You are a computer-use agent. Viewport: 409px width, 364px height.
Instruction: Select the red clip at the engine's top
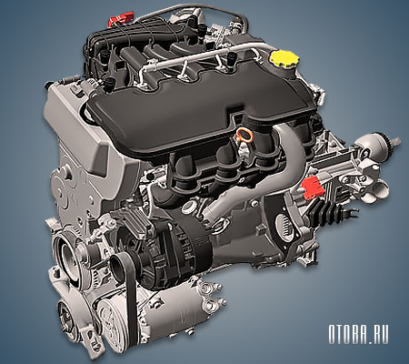(x=122, y=19)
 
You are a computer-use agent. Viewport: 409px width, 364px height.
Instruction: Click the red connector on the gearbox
(x=313, y=187)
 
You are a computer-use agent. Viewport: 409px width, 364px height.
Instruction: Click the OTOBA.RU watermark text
(x=358, y=335)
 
